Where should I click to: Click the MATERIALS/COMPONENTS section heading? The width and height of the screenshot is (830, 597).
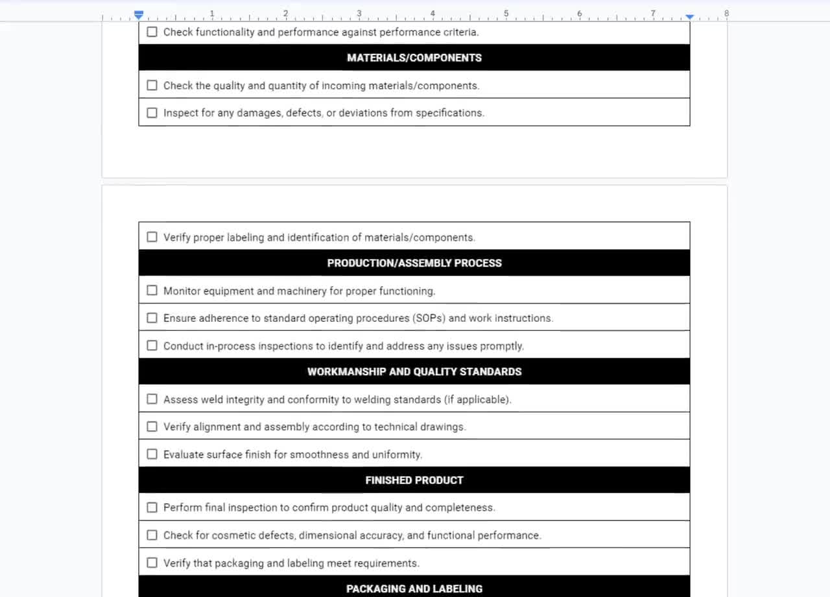414,58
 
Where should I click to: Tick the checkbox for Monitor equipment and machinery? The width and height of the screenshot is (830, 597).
152,291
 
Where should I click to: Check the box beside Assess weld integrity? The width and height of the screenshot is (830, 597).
152,399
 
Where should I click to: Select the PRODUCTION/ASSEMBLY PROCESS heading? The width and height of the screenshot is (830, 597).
414,263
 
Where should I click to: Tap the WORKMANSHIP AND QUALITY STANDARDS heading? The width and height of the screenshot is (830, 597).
414,372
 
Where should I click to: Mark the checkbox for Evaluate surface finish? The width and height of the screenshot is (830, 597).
152,454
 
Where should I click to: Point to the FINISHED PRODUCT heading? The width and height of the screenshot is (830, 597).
414,480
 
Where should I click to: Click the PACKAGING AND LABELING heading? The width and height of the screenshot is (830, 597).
414,589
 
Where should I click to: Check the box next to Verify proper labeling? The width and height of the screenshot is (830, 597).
152,237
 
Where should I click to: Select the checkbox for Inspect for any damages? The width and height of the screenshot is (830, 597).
152,112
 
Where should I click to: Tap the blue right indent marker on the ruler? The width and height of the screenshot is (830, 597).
690,16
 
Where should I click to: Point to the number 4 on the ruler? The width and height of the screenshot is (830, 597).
433,14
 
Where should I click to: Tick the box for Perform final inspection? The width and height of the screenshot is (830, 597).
152,507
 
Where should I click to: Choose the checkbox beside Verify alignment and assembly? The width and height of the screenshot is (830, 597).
152,426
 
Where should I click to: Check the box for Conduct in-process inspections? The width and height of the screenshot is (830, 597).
152,345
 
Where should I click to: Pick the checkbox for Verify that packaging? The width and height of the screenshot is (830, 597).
152,563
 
